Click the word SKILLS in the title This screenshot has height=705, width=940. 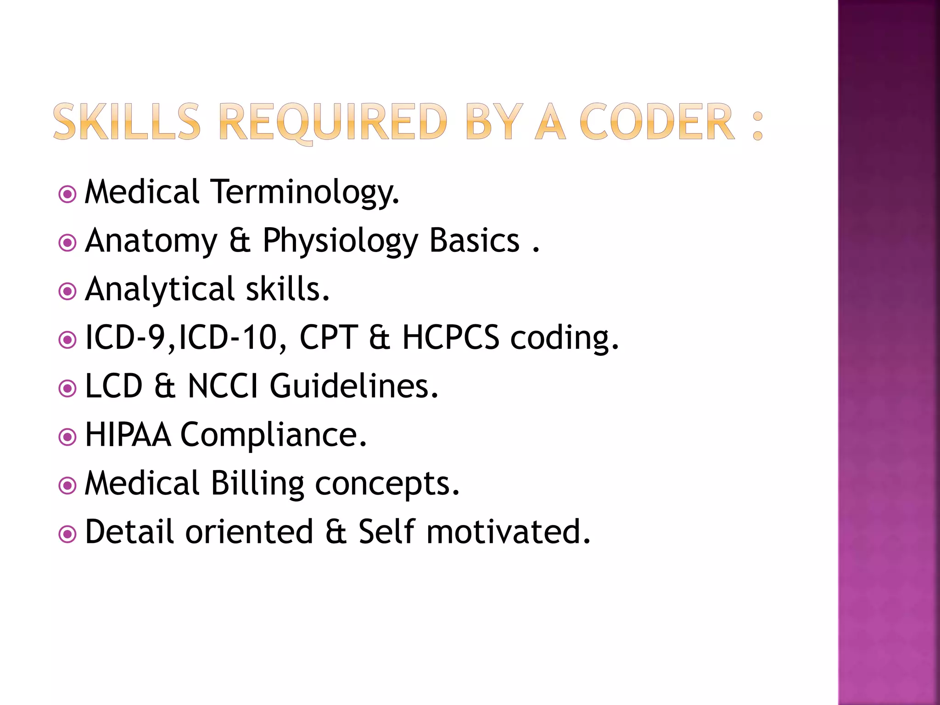click(127, 122)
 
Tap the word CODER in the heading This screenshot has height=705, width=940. click(657, 122)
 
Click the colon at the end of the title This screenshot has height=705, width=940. click(757, 125)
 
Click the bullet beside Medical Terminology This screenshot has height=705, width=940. click(67, 194)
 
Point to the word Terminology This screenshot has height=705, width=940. click(305, 192)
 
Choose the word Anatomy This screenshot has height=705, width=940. click(151, 241)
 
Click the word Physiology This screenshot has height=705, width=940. click(340, 241)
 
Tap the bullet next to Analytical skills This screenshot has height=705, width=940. click(67, 291)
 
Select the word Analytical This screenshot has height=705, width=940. click(160, 290)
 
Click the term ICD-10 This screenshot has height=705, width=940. click(228, 338)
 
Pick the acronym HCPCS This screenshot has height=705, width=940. click(450, 338)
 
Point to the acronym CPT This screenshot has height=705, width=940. click(328, 338)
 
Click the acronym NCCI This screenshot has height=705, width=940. click(223, 386)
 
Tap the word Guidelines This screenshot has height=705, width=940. click(354, 386)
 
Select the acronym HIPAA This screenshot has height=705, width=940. click(128, 435)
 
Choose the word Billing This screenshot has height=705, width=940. click(257, 484)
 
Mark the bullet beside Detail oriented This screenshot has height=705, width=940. click(67, 534)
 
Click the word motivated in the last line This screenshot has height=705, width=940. click(508, 532)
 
